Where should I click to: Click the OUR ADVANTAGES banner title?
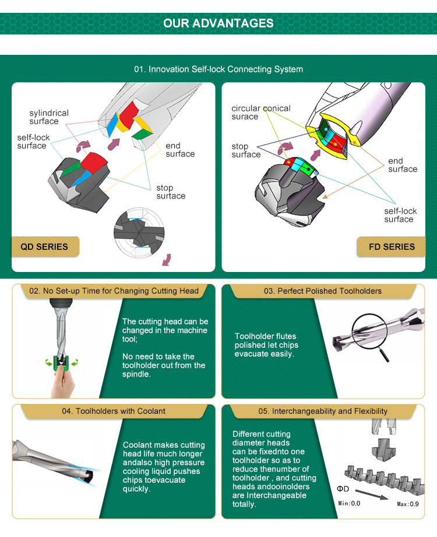218,23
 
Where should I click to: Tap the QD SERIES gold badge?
45,246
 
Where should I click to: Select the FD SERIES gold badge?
392,246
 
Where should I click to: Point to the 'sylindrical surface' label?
49,117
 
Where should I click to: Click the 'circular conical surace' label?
261,112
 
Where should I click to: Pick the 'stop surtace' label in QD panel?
171,192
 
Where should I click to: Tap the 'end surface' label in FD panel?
403,165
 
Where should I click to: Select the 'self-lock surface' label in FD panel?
400,215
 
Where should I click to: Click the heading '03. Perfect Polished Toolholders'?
322,291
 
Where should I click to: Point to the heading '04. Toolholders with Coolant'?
114,411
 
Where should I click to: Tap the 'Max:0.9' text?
408,504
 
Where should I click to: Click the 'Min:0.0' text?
349,503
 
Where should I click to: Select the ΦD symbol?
343,489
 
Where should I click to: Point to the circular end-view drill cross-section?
139,232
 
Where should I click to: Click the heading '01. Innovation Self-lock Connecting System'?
218,69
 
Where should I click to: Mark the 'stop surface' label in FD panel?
246,151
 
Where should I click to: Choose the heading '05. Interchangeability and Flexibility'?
323,411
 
